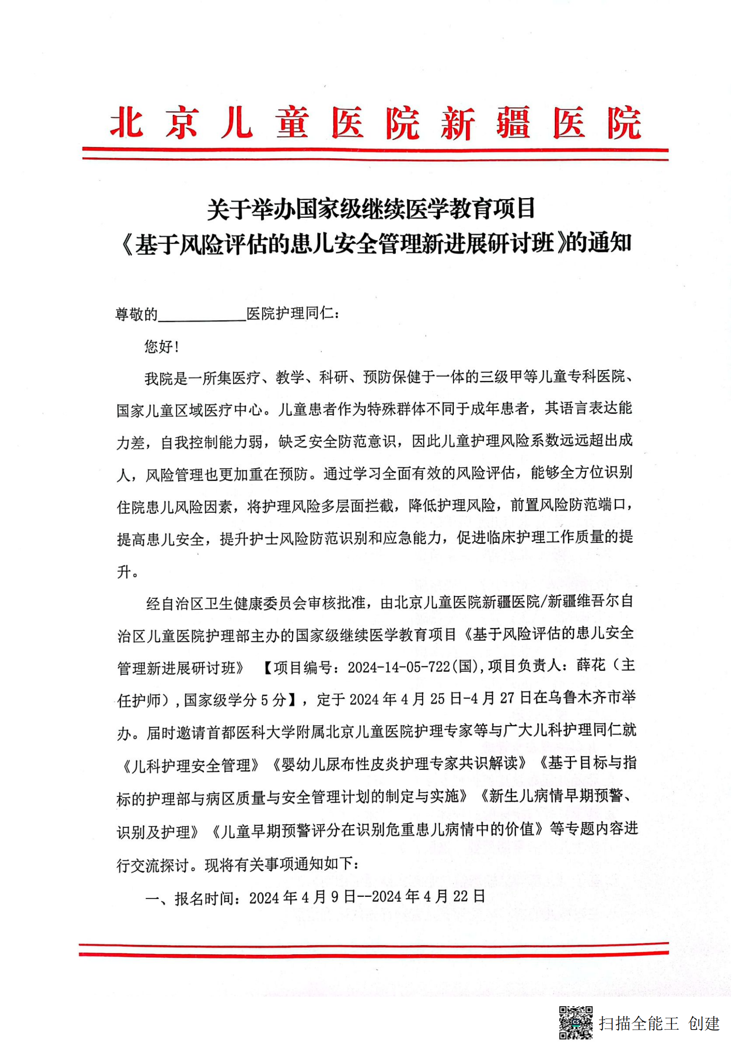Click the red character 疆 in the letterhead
pos(513,122)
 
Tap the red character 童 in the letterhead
pos(292,122)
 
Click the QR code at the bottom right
pos(576,1022)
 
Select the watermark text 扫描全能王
pos(639,1023)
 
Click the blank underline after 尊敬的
pos(202,314)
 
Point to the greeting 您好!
pos(162,346)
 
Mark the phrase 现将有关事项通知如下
pos(278,865)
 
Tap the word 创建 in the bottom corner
pos(704,1023)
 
